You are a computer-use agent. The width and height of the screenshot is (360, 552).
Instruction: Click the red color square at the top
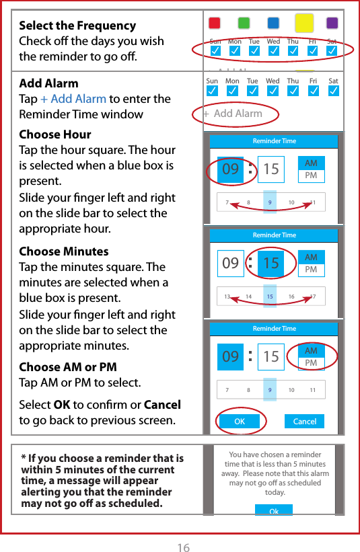[215, 24]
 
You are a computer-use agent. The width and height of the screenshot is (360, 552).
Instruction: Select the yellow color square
[304, 24]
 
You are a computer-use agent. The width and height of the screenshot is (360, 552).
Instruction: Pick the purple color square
[332, 24]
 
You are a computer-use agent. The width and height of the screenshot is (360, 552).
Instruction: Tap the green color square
[244, 24]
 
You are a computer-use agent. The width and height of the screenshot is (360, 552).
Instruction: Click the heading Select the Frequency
[77, 26]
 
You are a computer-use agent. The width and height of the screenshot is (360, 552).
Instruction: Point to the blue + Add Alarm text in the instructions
[78, 99]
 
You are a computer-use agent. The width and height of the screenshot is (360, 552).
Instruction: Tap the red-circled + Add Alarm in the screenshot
[233, 114]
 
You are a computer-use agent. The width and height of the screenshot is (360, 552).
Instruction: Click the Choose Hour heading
[55, 134]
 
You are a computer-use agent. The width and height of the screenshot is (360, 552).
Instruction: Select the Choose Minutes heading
[64, 251]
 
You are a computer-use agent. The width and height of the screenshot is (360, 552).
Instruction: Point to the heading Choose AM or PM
[68, 367]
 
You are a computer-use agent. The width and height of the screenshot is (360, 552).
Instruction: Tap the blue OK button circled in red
[239, 422]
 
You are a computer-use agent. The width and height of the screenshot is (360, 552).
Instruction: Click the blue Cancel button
[305, 422]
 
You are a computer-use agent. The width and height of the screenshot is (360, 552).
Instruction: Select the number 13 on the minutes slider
[227, 296]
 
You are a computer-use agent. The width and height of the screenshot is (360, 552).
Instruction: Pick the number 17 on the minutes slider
[312, 296]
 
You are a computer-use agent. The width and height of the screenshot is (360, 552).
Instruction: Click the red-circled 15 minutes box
[271, 264]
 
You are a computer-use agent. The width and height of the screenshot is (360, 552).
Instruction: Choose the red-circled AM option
[311, 351]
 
